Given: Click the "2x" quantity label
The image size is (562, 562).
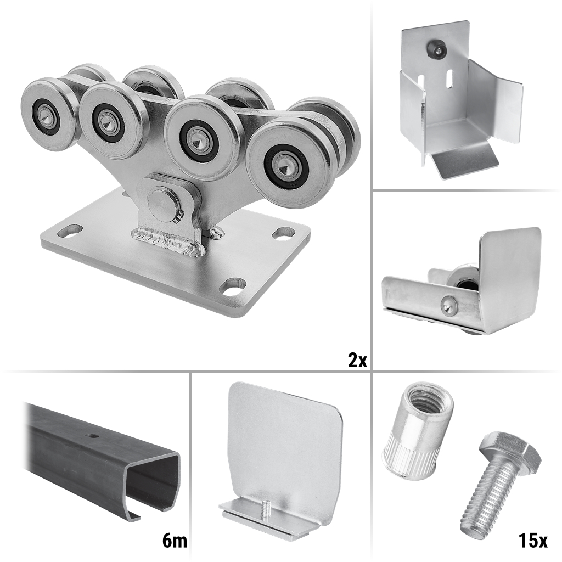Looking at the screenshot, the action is (x=357, y=360).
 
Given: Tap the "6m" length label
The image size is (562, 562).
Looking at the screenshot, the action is (x=175, y=541).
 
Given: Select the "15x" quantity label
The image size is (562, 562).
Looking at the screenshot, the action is (x=532, y=541).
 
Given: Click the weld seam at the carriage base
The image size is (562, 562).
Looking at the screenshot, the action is (x=168, y=241).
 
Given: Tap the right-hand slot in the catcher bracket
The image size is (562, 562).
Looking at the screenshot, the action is (x=448, y=78).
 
